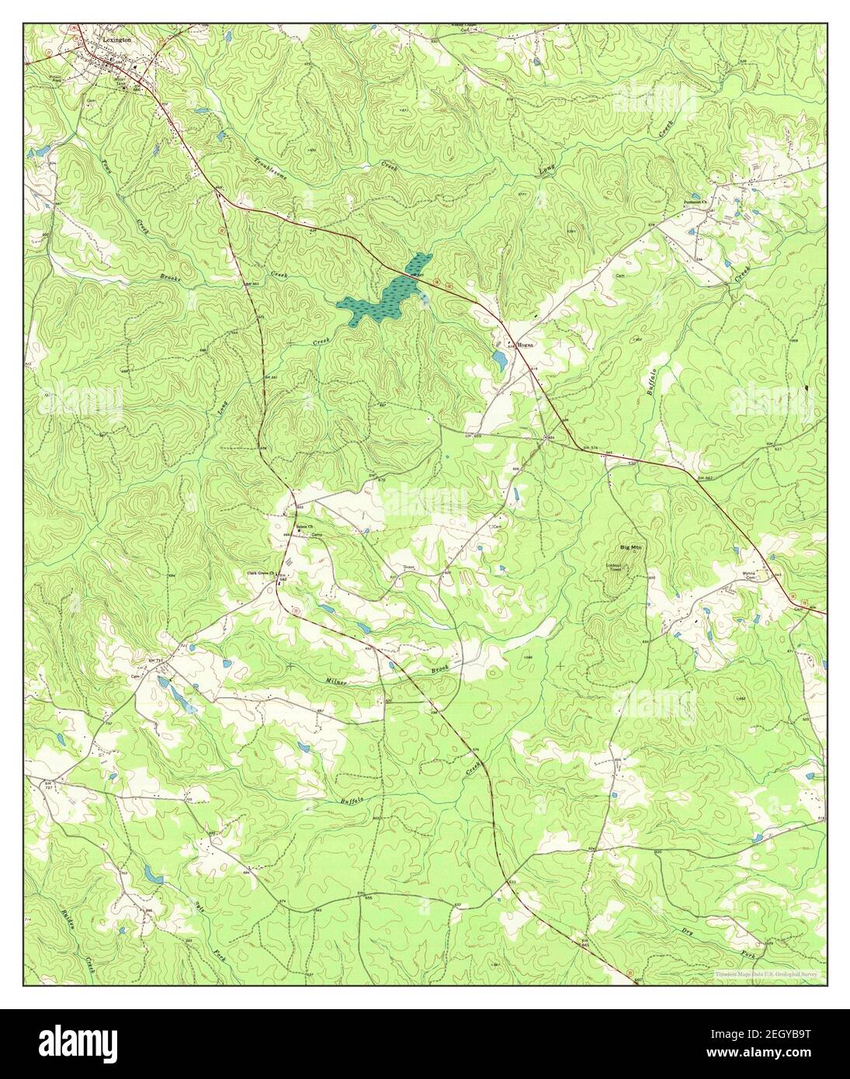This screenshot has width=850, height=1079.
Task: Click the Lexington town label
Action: click(115, 37)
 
